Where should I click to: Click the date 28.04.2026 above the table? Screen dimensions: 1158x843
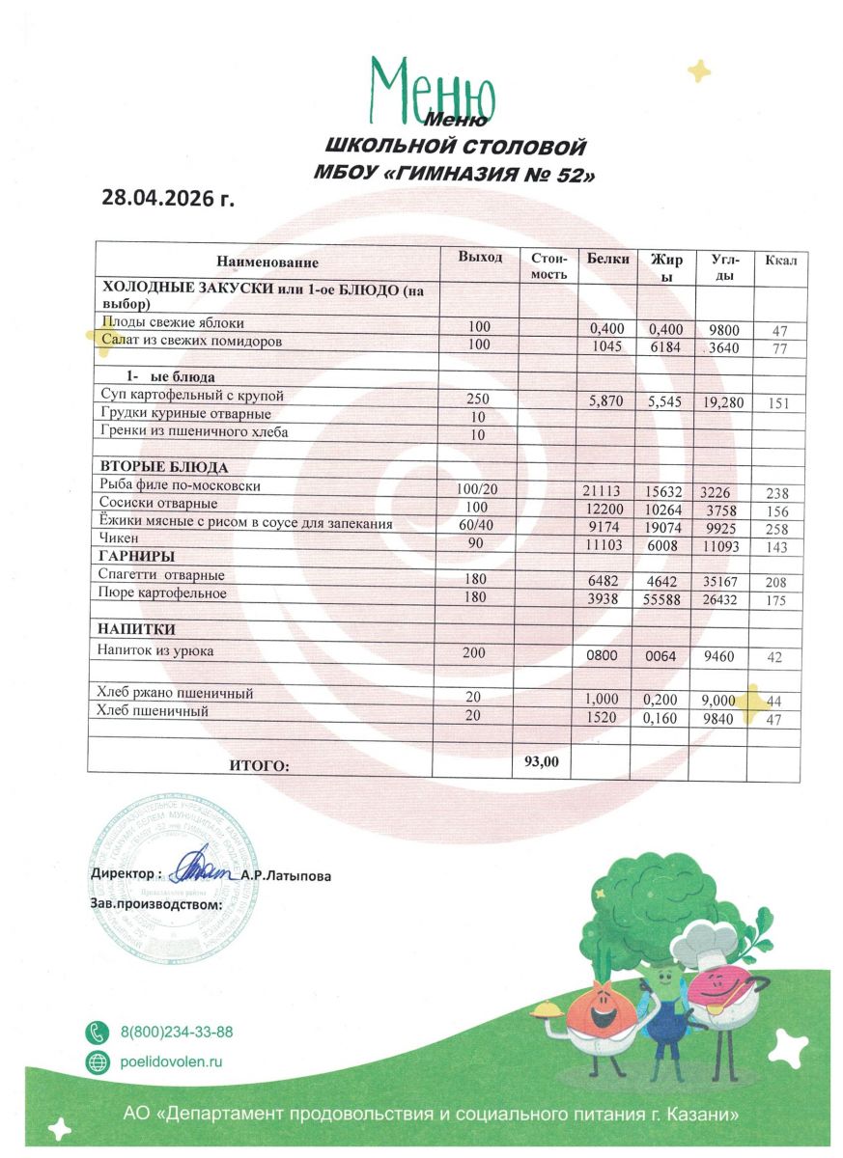(x=168, y=199)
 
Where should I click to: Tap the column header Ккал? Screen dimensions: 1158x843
(x=781, y=262)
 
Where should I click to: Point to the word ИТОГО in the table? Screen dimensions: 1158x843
(x=259, y=766)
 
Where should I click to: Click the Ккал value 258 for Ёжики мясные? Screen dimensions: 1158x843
(x=777, y=530)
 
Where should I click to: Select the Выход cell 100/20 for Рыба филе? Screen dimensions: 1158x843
(x=476, y=490)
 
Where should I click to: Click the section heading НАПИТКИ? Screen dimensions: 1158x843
(x=136, y=630)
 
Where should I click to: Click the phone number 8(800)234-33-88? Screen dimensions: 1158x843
(x=177, y=1032)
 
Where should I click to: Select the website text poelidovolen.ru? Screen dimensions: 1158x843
(x=172, y=1062)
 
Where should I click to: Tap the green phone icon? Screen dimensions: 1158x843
(x=98, y=1032)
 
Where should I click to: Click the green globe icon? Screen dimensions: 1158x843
(x=98, y=1062)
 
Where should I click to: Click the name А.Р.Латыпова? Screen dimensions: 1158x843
(x=286, y=876)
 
